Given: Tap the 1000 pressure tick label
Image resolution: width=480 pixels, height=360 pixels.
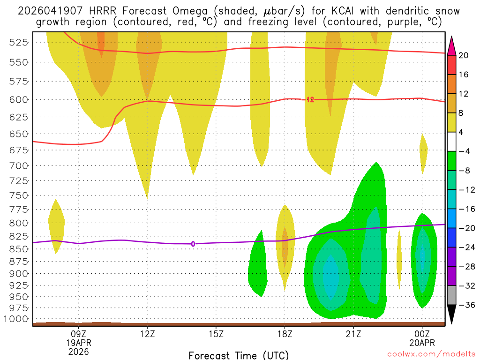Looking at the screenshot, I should (16, 319).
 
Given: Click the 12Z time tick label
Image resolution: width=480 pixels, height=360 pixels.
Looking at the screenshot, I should (147, 334).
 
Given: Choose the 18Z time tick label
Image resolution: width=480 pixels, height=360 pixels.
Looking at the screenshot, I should (285, 334).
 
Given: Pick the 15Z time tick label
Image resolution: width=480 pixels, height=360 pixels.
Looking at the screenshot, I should (216, 334).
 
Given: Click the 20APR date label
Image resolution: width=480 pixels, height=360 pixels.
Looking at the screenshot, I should (422, 343).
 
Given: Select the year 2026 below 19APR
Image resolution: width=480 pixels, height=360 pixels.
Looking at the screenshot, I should (78, 351).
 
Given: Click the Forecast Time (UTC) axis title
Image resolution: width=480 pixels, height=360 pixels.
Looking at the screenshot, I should (239, 355).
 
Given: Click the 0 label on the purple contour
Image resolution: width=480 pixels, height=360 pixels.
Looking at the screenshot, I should (193, 244).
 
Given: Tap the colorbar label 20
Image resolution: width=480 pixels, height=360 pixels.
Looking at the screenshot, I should (464, 55).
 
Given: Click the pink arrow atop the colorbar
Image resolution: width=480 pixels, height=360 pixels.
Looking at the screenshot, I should (452, 45).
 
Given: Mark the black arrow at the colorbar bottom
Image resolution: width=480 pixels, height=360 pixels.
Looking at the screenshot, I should (452, 314).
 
